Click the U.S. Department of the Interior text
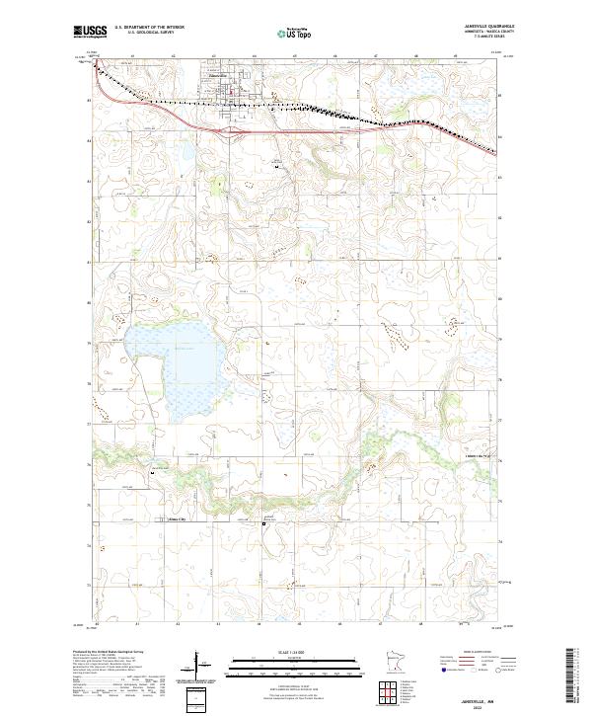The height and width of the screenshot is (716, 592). click(x=149, y=28)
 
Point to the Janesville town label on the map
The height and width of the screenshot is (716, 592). click(x=220, y=76)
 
